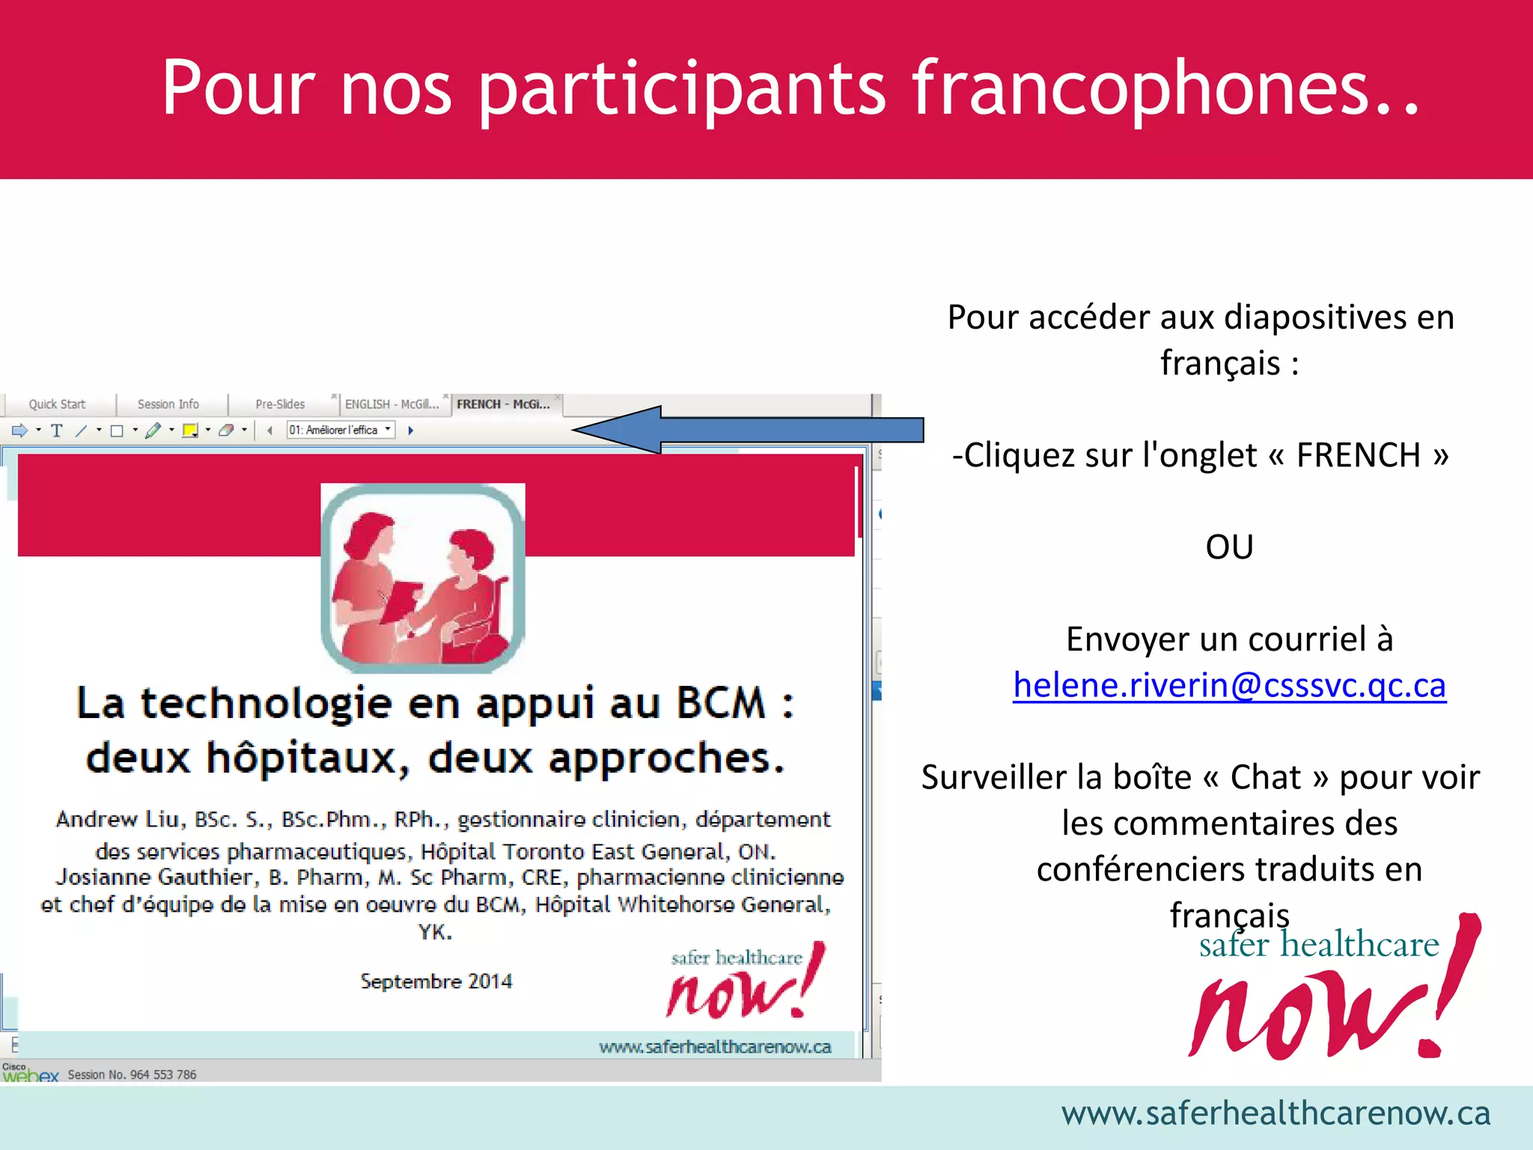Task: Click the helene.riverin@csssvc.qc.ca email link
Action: point(1229,685)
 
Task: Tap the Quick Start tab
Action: point(57,404)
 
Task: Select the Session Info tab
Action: point(168,404)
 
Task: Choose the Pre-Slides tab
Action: point(280,404)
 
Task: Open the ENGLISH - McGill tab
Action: point(391,404)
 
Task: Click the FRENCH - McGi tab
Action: point(503,404)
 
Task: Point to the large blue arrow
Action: point(749,430)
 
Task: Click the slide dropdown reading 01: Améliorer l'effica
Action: point(341,430)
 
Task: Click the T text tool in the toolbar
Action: point(57,431)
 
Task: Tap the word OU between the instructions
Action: point(1229,547)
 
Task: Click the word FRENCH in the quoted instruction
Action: point(1358,455)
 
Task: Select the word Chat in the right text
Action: point(1265,777)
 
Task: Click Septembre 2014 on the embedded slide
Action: point(436,981)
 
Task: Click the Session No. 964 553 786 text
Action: point(132,1075)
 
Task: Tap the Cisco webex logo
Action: point(30,1073)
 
